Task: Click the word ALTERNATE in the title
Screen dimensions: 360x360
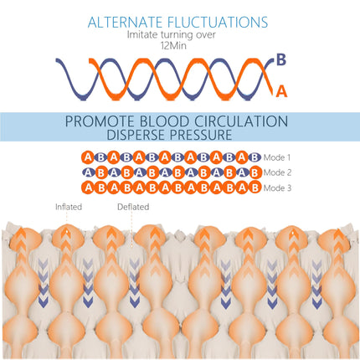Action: pyautogui.click(x=125, y=23)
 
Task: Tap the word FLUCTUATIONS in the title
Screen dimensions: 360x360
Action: pyautogui.click(x=218, y=23)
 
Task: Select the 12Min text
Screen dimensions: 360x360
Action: pyautogui.click(x=173, y=46)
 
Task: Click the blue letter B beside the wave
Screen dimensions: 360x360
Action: pyautogui.click(x=281, y=59)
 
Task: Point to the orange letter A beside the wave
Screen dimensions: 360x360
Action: pyautogui.click(x=281, y=91)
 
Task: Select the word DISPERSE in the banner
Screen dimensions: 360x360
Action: pyautogui.click(x=136, y=135)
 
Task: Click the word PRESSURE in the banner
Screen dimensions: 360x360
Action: pyautogui.click(x=201, y=135)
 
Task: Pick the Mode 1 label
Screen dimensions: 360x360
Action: pyautogui.click(x=277, y=157)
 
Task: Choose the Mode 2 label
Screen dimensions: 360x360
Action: pyautogui.click(x=277, y=172)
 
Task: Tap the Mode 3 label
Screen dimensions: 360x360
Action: pyautogui.click(x=277, y=188)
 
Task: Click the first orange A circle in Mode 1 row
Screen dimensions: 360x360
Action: pyautogui.click(x=88, y=157)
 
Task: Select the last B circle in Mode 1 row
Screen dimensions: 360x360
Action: pyautogui.click(x=255, y=157)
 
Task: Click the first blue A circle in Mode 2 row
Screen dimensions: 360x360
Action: pyautogui.click(x=88, y=172)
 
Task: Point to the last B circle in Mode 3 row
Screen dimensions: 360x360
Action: pyautogui.click(x=255, y=188)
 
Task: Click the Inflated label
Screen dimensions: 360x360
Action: pyautogui.click(x=69, y=207)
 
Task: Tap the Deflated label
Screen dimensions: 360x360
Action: pyautogui.click(x=133, y=207)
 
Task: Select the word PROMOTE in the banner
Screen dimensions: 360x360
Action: pyautogui.click(x=100, y=121)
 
